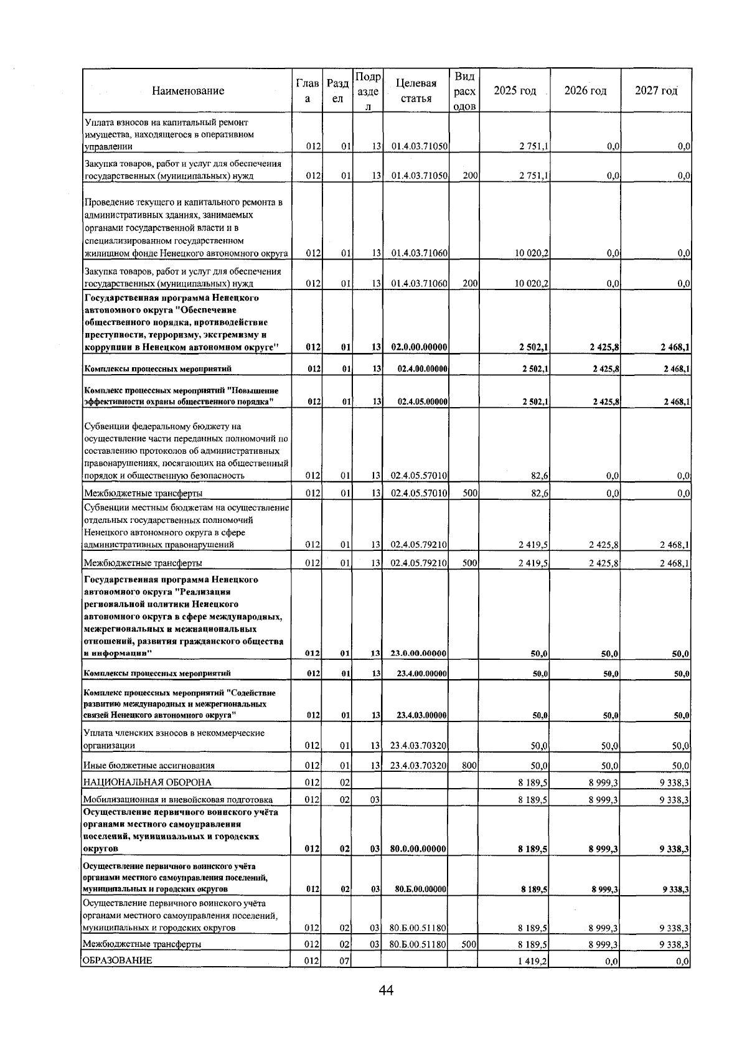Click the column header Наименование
pos(187,91)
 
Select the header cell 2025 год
pos(514,91)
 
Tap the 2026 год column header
pos(585,91)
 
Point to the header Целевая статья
pos(416,91)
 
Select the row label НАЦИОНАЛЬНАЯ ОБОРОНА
pos(147,782)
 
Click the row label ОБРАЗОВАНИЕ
pos(118,978)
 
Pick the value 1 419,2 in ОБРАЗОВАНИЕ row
pos(532,979)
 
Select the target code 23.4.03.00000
pos(421,716)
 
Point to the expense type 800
pos(469,766)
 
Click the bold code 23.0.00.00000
pos(420,654)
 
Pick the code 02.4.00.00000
pos(422,369)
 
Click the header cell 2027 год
pos(655,91)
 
